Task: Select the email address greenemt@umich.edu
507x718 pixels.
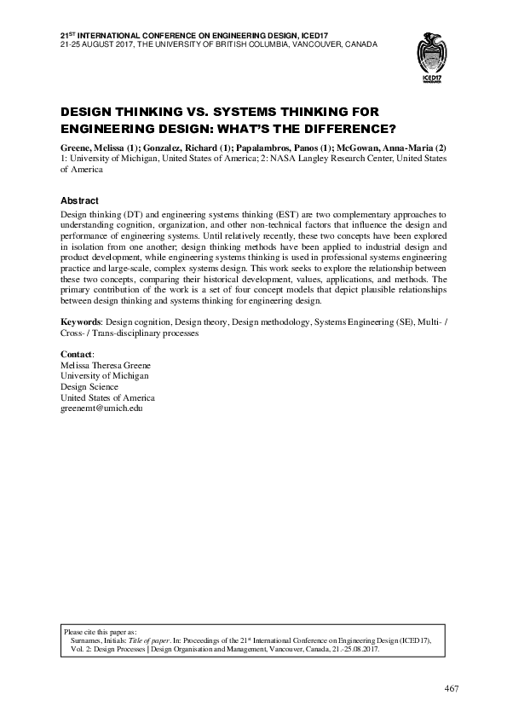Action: (x=101, y=409)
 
